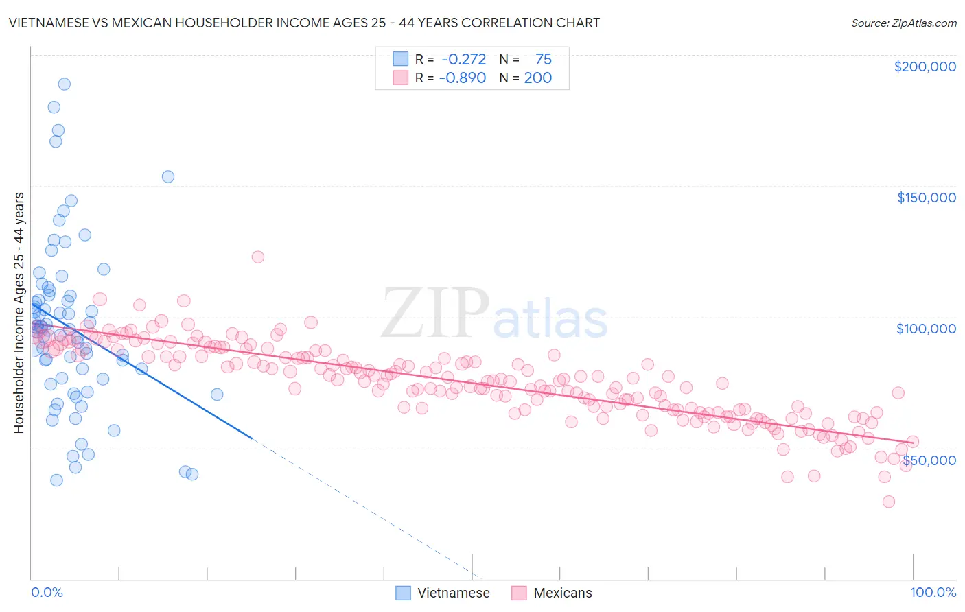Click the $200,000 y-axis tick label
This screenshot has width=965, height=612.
click(925, 67)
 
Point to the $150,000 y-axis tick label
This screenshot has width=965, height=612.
click(926, 198)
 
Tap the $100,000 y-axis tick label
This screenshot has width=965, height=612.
click(926, 329)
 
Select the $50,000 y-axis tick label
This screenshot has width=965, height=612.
click(929, 460)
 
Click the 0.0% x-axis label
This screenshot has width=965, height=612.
click(47, 592)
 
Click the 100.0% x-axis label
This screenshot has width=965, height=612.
click(933, 592)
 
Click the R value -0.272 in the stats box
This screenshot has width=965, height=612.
click(463, 60)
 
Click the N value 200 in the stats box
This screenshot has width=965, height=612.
click(537, 78)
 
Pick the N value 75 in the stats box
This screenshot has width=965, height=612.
click(543, 60)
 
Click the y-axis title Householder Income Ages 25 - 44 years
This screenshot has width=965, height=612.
click(19, 313)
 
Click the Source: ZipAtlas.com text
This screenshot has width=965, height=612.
click(903, 23)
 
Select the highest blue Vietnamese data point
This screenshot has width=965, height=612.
click(64, 84)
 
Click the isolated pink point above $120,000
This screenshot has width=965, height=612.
click(257, 257)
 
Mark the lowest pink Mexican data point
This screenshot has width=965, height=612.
click(888, 502)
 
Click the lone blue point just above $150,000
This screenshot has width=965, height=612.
click(167, 176)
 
